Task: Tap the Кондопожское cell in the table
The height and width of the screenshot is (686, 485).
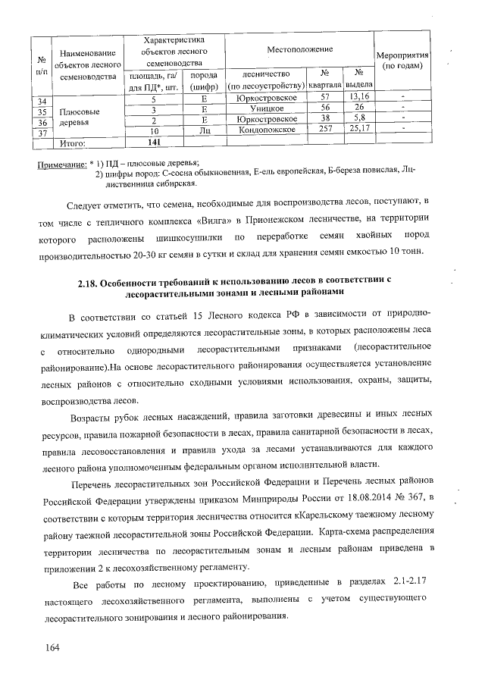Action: (266, 130)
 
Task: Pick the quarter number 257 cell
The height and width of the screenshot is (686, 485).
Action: (325, 130)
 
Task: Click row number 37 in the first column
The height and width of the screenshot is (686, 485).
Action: (42, 133)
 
